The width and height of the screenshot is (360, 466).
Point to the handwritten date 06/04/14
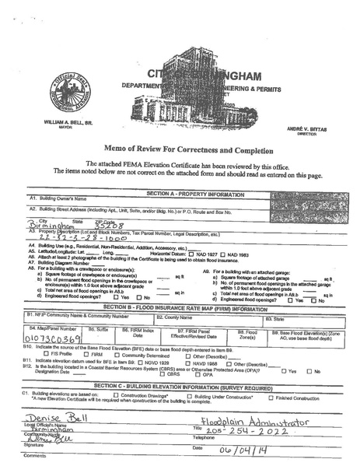241,450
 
